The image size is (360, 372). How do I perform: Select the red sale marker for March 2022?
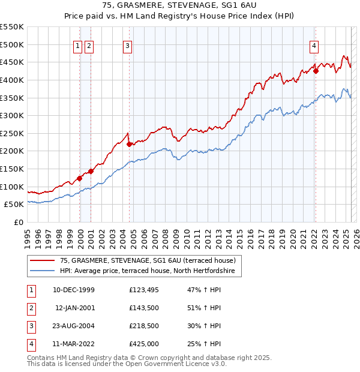point(316,71)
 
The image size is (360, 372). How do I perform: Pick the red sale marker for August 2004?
point(129,144)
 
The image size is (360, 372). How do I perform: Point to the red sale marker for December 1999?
point(79,178)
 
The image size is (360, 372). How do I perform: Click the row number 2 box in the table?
point(30,308)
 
